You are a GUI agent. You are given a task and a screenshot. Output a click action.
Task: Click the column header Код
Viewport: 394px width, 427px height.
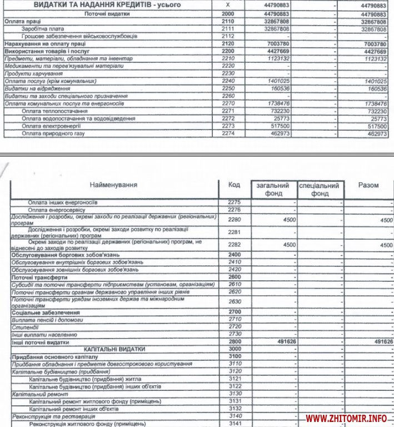[234, 185]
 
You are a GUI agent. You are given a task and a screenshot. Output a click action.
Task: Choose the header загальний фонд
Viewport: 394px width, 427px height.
[273, 189]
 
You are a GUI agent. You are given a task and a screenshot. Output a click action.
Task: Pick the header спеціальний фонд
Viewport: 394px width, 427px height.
[320, 189]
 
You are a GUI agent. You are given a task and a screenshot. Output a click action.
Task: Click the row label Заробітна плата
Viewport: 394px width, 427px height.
[43, 28]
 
